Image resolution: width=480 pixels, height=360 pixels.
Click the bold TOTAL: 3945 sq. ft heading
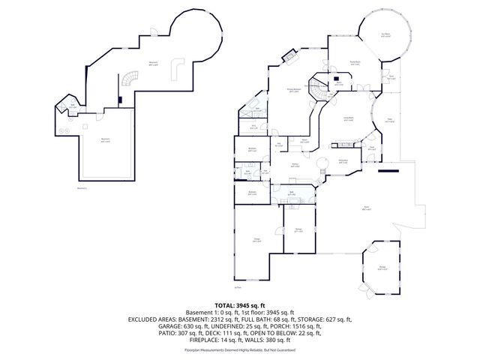(x=239, y=305)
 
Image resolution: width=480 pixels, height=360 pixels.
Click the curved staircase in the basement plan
(x=132, y=76)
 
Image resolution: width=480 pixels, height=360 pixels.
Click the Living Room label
(x=349, y=119)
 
